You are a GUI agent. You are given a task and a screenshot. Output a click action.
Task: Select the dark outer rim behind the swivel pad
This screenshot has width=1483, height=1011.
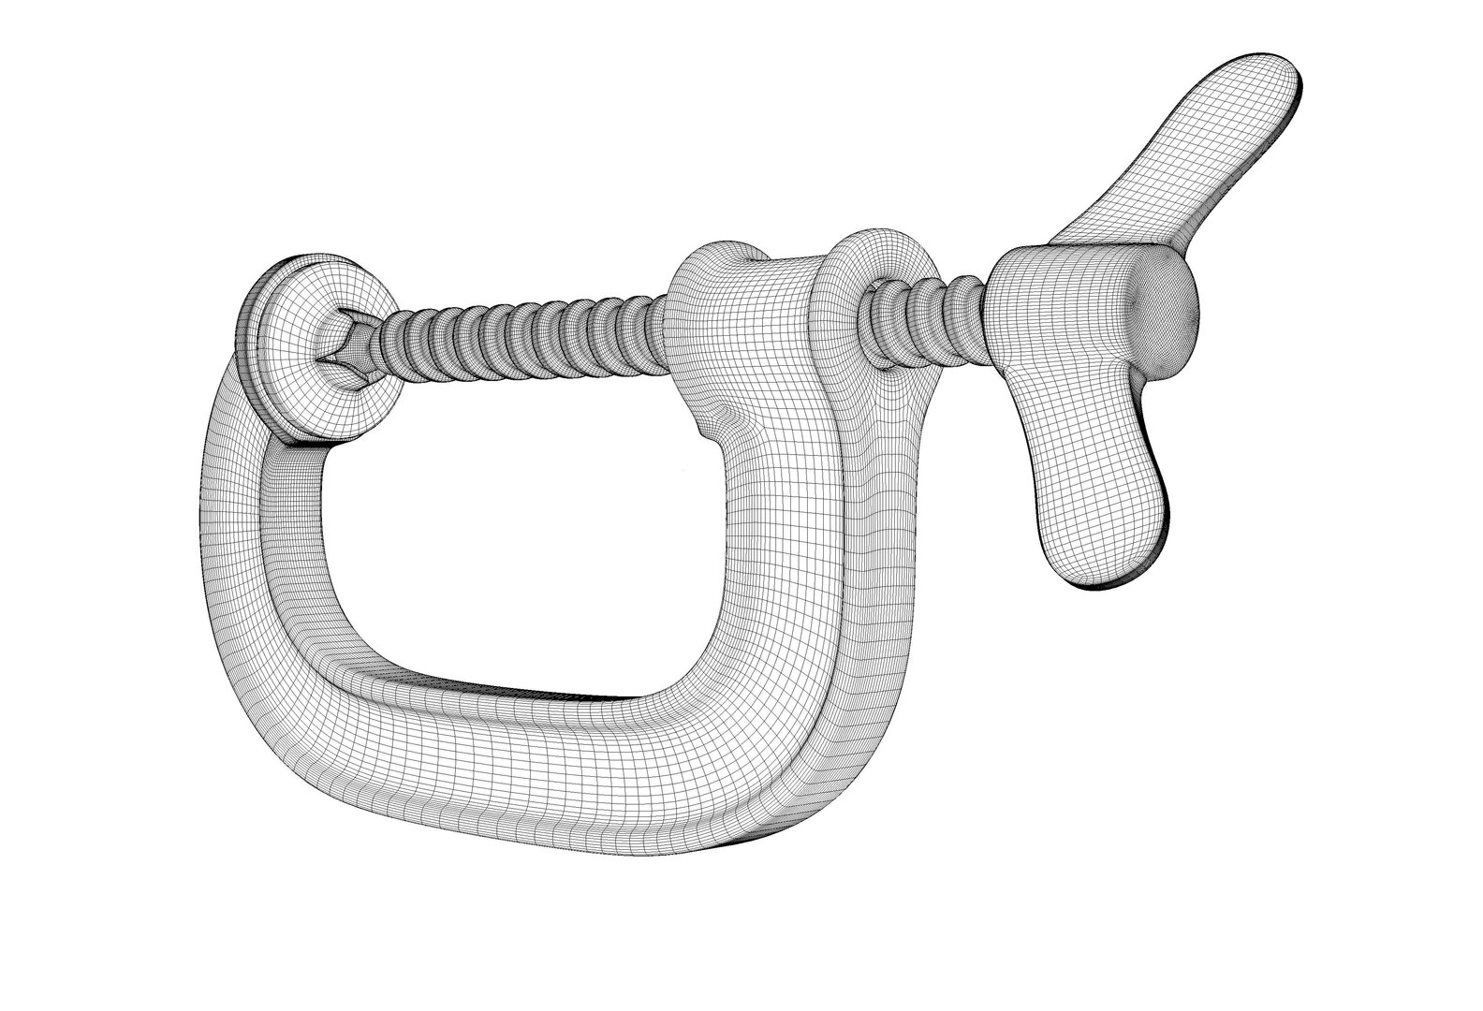[x=245, y=328]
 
